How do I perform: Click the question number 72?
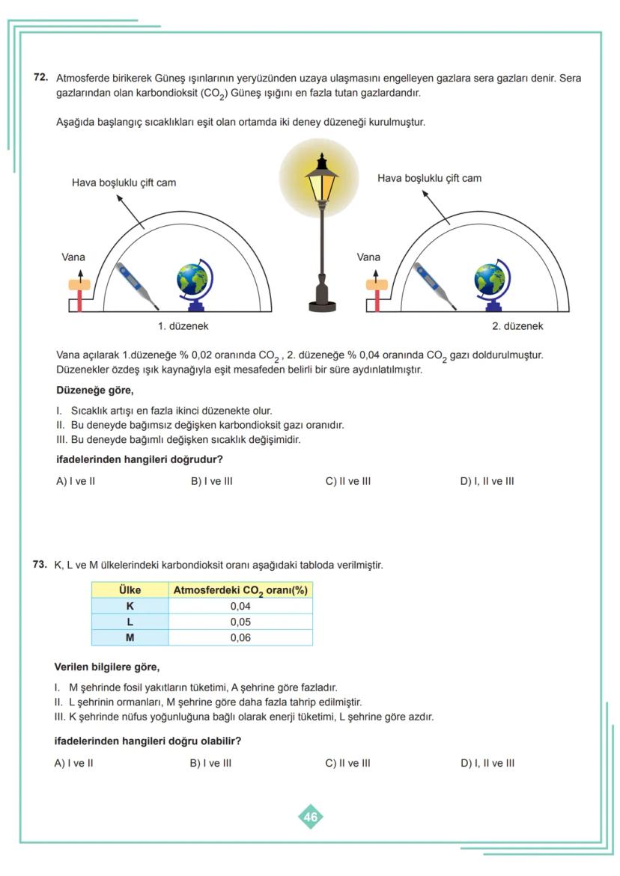[x=41, y=78]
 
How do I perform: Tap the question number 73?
[x=40, y=565]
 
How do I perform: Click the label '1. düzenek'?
[x=183, y=326]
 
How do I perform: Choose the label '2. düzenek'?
[x=517, y=326]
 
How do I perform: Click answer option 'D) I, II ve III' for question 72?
[x=487, y=481]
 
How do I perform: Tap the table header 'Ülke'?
[x=130, y=590]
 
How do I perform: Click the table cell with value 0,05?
[x=240, y=622]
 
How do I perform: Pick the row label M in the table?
[x=130, y=638]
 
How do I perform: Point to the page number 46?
[x=311, y=817]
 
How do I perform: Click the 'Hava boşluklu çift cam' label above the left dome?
[x=124, y=183]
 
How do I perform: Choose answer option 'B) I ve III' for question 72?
[x=212, y=481]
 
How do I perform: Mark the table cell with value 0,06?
[x=240, y=638]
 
